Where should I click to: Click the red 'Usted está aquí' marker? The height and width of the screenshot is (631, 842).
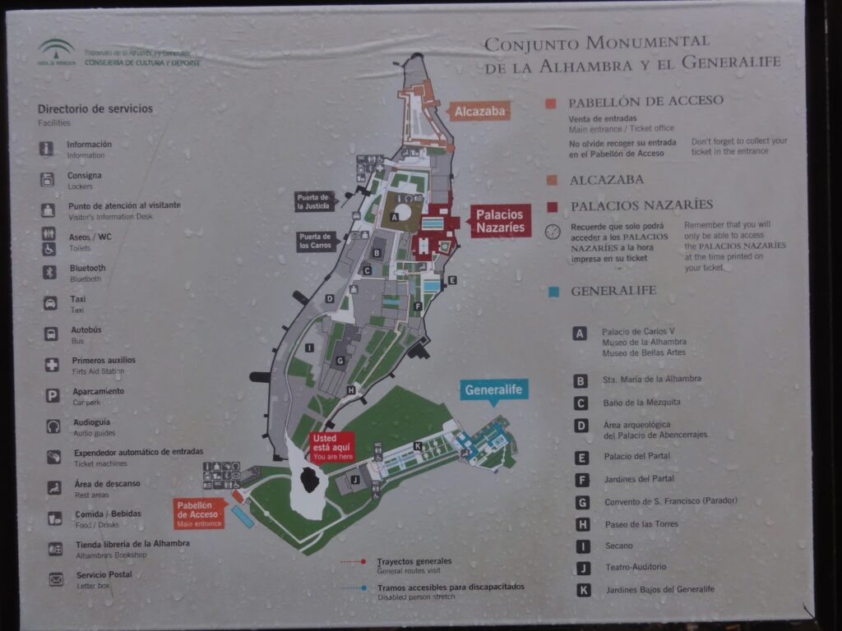332,447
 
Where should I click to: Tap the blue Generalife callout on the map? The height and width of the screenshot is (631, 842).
494,390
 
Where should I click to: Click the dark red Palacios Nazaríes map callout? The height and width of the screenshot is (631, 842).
500,220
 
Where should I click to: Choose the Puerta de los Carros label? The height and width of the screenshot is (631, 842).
317,241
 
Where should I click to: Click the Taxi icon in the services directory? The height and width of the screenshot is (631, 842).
50,303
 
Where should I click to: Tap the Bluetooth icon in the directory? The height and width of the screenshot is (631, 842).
49,272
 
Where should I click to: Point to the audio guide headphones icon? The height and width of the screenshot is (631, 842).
53,426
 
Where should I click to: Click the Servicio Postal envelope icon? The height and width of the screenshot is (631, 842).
55,579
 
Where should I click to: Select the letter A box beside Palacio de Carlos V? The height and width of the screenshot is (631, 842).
581,334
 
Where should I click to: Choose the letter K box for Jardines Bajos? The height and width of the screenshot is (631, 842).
583,589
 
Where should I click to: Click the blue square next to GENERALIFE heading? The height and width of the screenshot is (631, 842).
553,291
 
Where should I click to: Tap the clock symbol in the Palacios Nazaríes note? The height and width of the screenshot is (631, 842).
553,232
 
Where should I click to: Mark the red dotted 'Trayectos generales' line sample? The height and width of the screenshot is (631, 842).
353,562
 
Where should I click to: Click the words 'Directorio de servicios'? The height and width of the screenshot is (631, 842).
95,108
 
